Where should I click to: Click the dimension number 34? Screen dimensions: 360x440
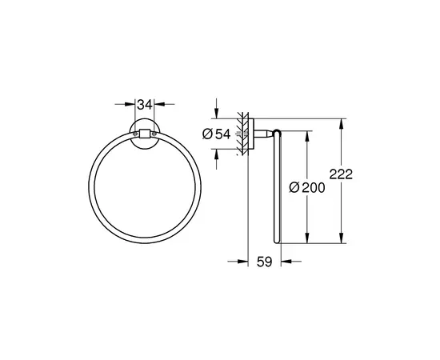click(145, 103)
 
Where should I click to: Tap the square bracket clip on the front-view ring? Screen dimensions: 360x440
click(145, 134)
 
